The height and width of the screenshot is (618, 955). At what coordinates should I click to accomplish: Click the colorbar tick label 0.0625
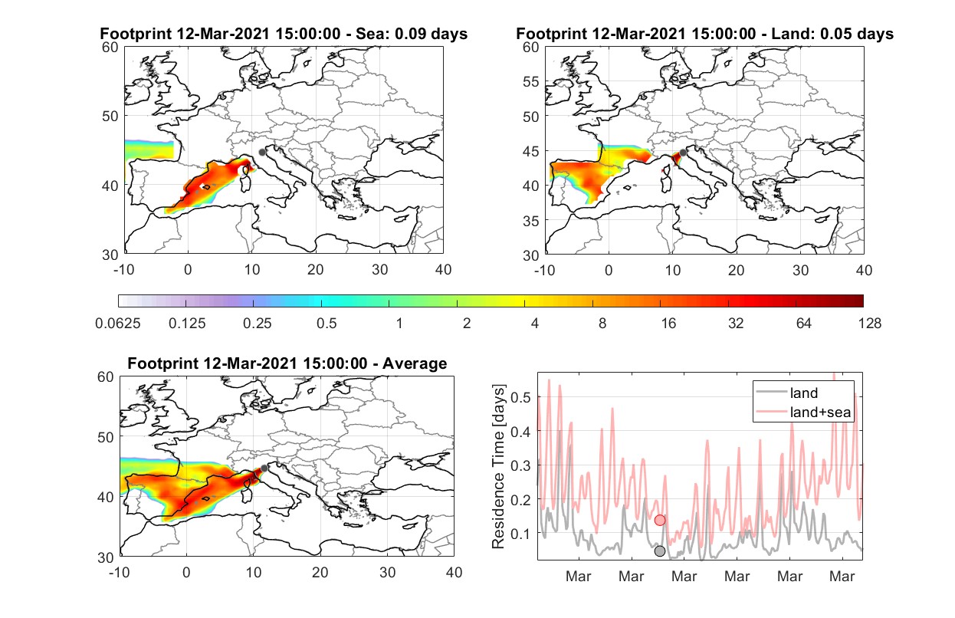tap(118, 324)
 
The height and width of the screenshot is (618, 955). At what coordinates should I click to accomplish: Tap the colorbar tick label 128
tap(869, 324)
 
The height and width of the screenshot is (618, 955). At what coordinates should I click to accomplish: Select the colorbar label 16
tap(668, 324)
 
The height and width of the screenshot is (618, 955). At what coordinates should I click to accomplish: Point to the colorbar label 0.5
tap(327, 324)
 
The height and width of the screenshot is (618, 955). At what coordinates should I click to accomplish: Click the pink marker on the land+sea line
tap(660, 520)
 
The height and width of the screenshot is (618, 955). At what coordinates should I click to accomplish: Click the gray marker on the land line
tap(660, 551)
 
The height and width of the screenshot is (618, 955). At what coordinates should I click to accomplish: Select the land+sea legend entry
tap(803, 412)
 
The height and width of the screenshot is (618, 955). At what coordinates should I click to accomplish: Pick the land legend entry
tap(787, 393)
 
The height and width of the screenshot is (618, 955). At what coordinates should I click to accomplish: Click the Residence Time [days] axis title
tap(498, 467)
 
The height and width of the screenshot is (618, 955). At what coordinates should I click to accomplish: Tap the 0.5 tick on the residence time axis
tap(521, 397)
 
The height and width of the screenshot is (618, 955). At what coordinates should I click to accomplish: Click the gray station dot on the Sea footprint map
tap(262, 153)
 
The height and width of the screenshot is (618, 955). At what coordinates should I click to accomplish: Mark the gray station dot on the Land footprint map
tap(683, 153)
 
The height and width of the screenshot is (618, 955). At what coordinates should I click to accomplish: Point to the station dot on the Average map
tap(264, 468)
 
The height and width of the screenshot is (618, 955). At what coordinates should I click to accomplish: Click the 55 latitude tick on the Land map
tap(531, 81)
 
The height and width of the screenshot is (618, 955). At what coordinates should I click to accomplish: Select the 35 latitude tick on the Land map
tap(531, 221)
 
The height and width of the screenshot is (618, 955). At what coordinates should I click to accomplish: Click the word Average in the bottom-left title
tap(415, 363)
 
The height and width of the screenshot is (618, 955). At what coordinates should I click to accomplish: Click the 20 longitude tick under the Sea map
tap(316, 270)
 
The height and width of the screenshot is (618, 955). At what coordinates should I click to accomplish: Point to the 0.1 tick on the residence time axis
tap(521, 534)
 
